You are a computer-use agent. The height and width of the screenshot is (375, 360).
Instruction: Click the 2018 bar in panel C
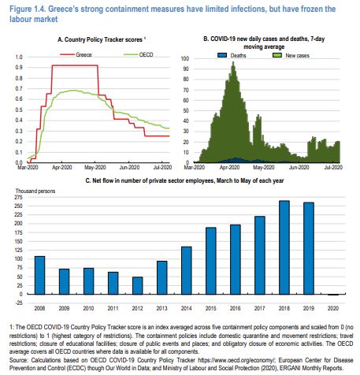(284, 247)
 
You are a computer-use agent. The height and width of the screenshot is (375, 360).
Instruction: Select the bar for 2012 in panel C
(138, 285)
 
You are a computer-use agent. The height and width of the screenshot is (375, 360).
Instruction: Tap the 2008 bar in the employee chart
(39, 275)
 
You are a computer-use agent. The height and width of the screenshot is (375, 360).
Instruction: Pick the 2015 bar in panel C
(211, 261)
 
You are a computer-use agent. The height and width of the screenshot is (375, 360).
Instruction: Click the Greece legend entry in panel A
(76, 54)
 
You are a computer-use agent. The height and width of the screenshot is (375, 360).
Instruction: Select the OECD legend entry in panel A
(139, 54)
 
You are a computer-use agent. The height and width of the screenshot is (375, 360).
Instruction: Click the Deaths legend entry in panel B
(232, 55)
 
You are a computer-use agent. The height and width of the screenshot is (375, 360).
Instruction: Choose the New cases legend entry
(291, 55)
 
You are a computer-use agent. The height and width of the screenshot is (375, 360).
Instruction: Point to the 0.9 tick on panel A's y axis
(19, 68)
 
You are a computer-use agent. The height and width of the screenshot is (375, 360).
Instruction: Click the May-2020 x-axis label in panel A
(95, 167)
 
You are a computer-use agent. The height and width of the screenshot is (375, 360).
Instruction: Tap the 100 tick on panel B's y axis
(185, 58)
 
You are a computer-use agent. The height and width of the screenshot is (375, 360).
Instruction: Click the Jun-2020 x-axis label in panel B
(299, 167)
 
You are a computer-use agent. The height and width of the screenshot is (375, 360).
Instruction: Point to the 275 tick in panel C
(19, 197)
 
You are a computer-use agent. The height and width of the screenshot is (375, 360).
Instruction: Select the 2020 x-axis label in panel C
(333, 308)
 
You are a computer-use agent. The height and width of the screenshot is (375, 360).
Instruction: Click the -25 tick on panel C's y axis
(20, 303)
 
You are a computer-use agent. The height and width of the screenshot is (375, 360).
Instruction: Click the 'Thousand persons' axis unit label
(35, 191)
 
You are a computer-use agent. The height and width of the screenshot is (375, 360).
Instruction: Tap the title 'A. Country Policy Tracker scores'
(100, 39)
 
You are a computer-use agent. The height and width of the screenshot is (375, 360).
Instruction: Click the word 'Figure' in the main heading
(20, 9)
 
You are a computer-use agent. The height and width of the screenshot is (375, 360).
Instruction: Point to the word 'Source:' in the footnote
(18, 360)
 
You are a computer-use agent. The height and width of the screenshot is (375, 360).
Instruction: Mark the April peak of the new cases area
(233, 62)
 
